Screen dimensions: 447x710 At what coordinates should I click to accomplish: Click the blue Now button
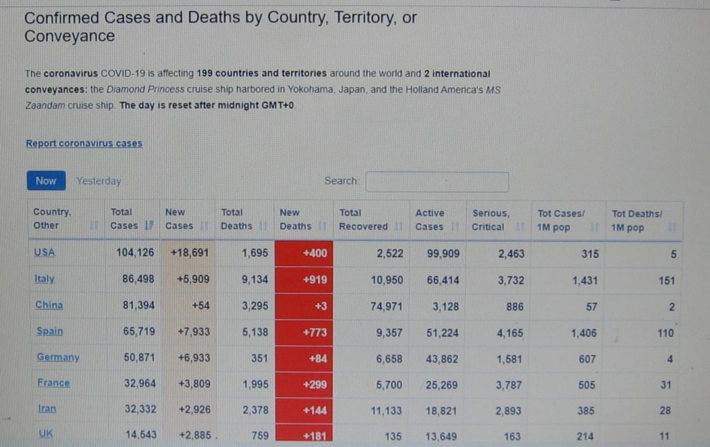[46, 180]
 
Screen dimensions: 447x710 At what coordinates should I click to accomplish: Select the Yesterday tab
[98, 181]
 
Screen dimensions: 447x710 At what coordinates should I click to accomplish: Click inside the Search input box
[437, 182]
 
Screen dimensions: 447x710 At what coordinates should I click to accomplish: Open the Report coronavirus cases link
[84, 144]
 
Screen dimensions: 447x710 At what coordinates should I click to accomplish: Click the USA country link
[44, 253]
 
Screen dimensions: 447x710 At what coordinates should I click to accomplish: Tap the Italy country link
[44, 279]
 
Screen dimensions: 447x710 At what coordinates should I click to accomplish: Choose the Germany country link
[58, 357]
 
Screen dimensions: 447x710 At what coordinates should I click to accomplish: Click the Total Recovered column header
[363, 219]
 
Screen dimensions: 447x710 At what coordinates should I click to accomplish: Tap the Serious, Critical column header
[490, 219]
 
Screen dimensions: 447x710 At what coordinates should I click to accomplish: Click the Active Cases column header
[430, 219]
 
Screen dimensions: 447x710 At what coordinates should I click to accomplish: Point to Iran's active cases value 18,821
[442, 411]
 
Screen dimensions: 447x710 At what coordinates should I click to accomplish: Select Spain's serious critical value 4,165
[510, 332]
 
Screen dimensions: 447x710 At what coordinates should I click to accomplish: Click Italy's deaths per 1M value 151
[665, 280]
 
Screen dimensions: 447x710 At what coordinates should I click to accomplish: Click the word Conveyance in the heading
[70, 36]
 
